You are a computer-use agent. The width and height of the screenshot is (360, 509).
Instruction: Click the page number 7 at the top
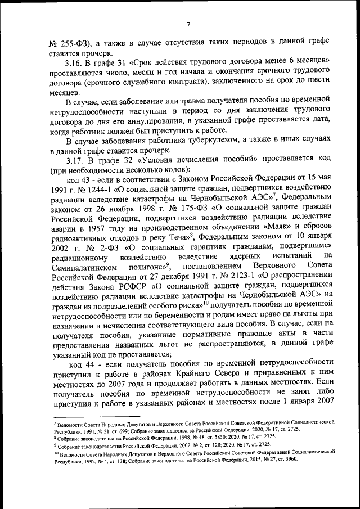pos(189,24)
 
